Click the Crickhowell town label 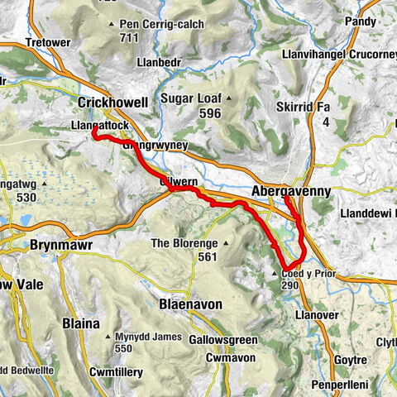click(x=112, y=103)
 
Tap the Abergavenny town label click(x=289, y=190)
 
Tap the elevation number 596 click(x=208, y=113)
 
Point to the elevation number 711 click(x=128, y=37)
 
